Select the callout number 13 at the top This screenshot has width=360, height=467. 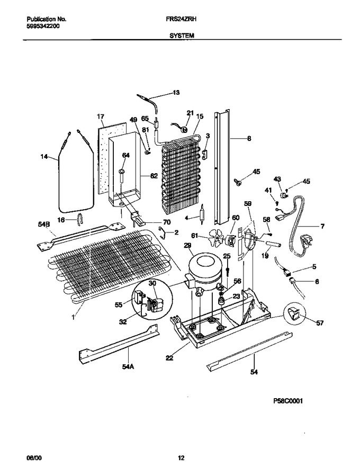pyautogui.click(x=176, y=93)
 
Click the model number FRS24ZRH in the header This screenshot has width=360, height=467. pyautogui.click(x=183, y=20)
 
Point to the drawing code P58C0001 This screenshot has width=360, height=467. pyautogui.click(x=287, y=401)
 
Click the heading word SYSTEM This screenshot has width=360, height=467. pyautogui.click(x=182, y=35)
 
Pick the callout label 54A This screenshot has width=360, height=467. pyautogui.click(x=128, y=366)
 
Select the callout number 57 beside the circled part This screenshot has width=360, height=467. pyautogui.click(x=320, y=322)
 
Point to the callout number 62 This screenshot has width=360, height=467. pyautogui.click(x=154, y=176)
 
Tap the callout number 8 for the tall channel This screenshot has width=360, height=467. pyautogui.click(x=249, y=138)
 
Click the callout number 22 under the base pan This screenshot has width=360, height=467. pyautogui.click(x=169, y=358)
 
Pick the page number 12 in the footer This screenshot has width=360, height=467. pyautogui.click(x=181, y=458)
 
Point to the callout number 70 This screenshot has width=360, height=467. pyautogui.click(x=166, y=222)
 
